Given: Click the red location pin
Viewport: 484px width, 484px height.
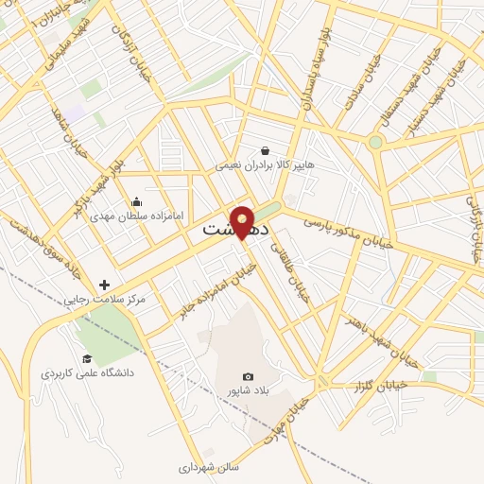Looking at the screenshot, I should tap(242, 221).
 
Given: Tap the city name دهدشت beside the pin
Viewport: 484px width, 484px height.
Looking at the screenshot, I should tap(236, 230).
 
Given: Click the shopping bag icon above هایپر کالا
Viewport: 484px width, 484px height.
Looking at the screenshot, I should tap(265, 150).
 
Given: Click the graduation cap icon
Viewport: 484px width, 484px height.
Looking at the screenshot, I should tap(87, 358).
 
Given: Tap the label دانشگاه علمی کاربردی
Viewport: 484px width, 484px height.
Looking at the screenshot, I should tap(87, 373).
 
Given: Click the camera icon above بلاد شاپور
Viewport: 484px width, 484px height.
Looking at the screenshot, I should tap(248, 376).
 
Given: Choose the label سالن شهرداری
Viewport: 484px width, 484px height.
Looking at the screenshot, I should tap(210, 466).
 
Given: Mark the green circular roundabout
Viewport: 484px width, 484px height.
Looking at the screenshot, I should tap(376, 143).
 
